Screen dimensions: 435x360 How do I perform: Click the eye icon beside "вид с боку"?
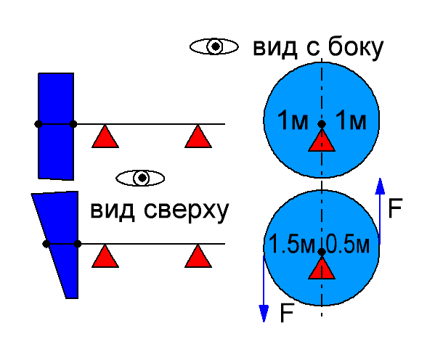tap(214, 46)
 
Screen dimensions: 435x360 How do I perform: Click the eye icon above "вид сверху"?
tap(140, 178)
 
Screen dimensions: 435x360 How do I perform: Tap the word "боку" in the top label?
tap(355, 48)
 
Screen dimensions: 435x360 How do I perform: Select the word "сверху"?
tap(186, 210)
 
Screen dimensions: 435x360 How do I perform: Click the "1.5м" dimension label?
tap(292, 244)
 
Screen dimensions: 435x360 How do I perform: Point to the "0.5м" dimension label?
tap(347, 244)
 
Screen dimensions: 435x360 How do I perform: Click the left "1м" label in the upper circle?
tap(293, 120)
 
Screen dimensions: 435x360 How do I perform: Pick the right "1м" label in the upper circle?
tap(351, 120)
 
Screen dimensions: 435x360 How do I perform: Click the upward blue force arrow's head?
tap(380, 186)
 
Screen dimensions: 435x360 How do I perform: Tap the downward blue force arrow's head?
tap(264, 314)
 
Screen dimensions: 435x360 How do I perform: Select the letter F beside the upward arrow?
tap(395, 208)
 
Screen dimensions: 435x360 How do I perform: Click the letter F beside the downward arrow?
tap(287, 313)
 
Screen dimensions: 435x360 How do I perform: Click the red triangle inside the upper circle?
tap(322, 142)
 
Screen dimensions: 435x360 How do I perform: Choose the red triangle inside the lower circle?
tap(322, 268)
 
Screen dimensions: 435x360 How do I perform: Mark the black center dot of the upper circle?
tap(322, 124)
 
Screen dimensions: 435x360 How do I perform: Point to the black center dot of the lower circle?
tap(322, 252)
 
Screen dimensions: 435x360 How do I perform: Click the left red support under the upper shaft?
tap(105, 136)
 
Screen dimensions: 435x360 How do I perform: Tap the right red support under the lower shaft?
tap(198, 256)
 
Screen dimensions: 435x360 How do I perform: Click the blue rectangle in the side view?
tap(56, 126)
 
